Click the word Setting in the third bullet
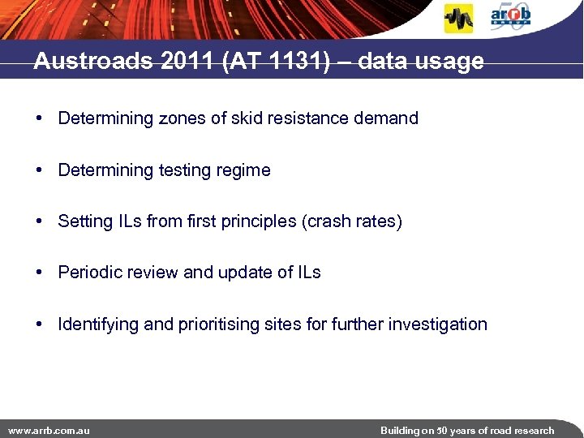click(x=85, y=221)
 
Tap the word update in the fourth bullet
click(x=243, y=273)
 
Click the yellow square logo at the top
click(x=458, y=19)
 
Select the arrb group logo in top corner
click(x=511, y=17)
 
